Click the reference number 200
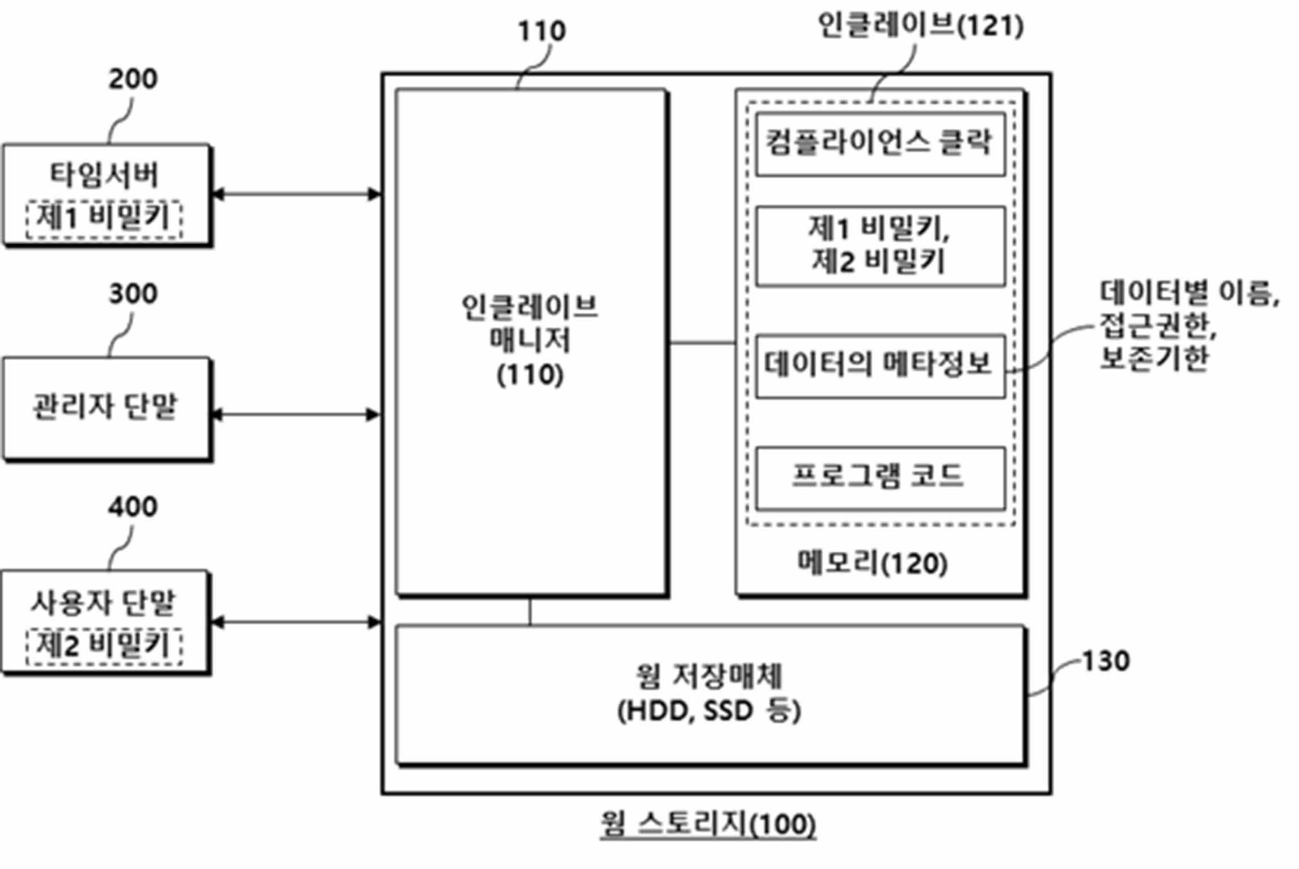pos(133,79)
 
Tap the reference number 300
pos(133,294)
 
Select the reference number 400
pos(133,507)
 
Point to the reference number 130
pos(1106,661)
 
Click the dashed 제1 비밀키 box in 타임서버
pos(104,219)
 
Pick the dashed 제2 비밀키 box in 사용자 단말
pos(104,646)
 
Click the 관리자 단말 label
pos(105,406)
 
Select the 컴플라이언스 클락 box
pos(881,144)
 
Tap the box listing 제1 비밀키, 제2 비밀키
pos(881,246)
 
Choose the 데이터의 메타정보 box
pos(881,366)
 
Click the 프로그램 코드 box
pos(881,478)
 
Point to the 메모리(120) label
pos(873,563)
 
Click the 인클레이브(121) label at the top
pos(921,26)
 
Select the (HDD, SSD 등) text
pos(709,711)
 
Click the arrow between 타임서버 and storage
pos(295,194)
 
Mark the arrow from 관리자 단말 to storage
pos(295,414)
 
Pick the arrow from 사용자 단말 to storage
pos(295,622)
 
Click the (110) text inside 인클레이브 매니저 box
pos(530,375)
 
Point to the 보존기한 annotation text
pos(1154,358)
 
